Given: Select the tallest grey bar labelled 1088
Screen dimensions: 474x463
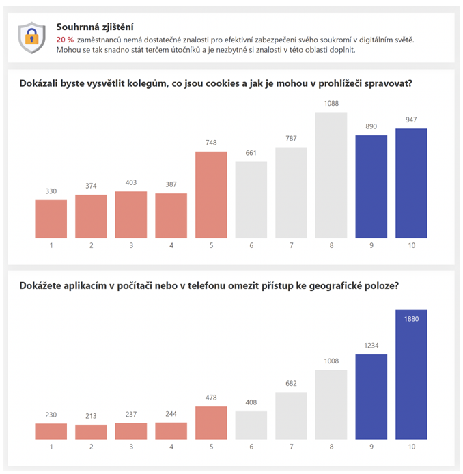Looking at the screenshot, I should [331, 175].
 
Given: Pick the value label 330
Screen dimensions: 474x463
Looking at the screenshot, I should [51, 191].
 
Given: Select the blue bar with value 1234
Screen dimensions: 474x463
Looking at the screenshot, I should [371, 397].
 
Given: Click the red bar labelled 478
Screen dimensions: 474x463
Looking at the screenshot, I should [211, 423].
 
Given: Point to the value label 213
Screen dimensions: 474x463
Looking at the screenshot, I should [91, 416].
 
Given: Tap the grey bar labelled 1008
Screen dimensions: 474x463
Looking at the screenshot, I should [331, 404].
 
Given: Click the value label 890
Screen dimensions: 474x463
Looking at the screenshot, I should [371, 127].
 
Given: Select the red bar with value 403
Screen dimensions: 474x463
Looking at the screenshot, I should [131, 214].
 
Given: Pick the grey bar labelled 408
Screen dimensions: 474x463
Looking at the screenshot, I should [251, 425].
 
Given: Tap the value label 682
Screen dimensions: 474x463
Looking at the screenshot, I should [291, 384].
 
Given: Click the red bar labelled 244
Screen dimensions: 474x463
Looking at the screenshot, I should [171, 430].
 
